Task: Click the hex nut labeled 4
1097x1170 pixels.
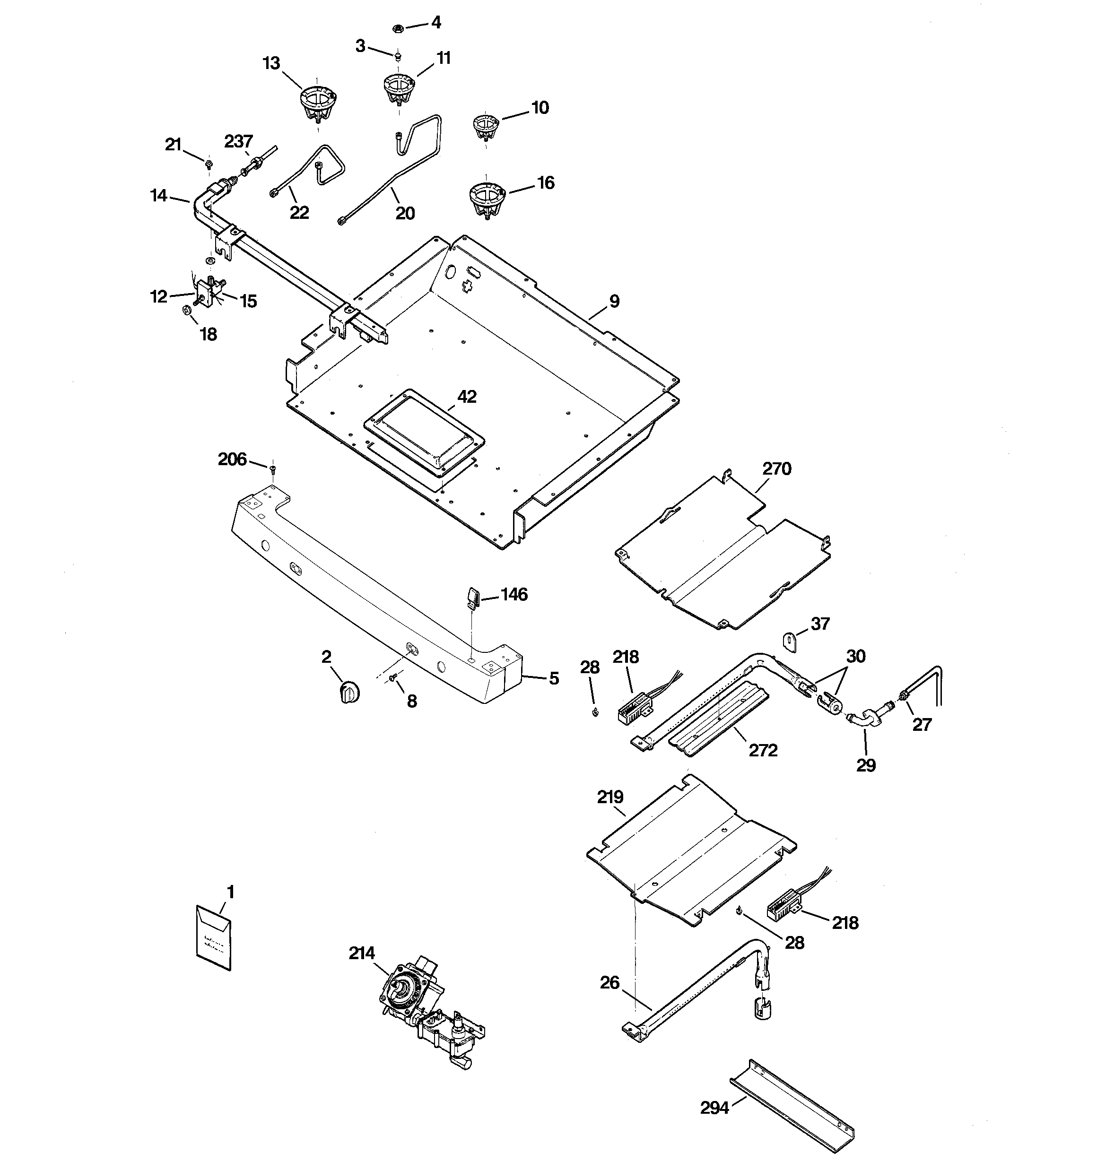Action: (x=397, y=28)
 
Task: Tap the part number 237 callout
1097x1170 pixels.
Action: (x=238, y=142)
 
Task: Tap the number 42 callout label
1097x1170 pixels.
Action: (x=467, y=397)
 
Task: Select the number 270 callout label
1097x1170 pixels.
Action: (x=777, y=469)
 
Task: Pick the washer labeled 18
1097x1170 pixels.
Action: (x=185, y=310)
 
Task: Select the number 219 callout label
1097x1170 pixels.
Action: (x=610, y=797)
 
